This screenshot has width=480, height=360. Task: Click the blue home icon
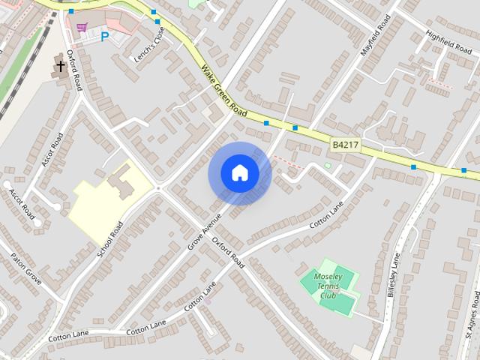pyautogui.click(x=239, y=173)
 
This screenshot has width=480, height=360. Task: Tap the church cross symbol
pyautogui.click(x=59, y=66)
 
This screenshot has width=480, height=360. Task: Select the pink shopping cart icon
pyautogui.click(x=82, y=27)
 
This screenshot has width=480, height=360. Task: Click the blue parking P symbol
pyautogui.click(x=104, y=35)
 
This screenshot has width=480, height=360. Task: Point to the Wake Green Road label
pyautogui.click(x=223, y=91)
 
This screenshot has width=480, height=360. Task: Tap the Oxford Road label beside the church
pyautogui.click(x=74, y=70)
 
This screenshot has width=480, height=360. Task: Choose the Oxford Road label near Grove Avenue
pyautogui.click(x=228, y=253)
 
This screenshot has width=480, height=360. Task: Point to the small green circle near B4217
pyautogui.click(x=327, y=165)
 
